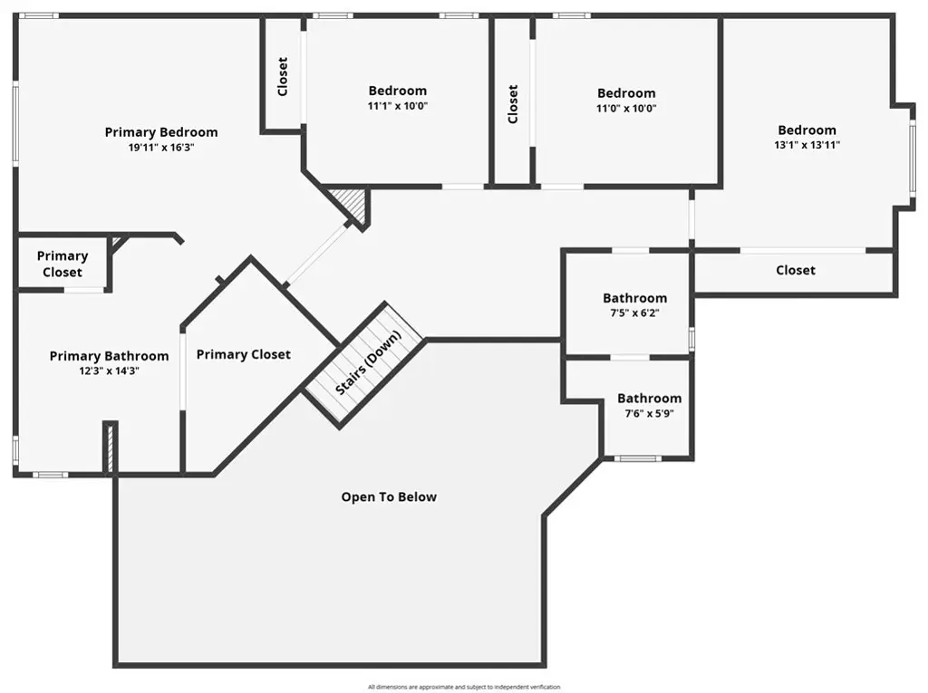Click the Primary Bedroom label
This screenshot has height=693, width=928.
(x=161, y=132)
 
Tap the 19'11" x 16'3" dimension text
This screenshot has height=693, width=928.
(x=161, y=148)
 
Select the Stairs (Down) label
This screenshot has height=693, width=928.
(x=368, y=362)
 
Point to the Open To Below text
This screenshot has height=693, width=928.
(x=389, y=497)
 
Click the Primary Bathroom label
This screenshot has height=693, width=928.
(x=109, y=356)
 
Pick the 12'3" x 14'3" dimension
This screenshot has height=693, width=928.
(x=109, y=371)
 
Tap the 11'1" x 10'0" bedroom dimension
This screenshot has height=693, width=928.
(x=397, y=106)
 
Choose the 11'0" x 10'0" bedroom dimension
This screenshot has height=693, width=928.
(x=626, y=109)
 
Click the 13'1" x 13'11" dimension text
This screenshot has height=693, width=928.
(x=807, y=144)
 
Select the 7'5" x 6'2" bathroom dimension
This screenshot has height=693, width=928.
(x=634, y=313)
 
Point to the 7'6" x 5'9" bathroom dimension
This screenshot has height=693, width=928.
(x=649, y=414)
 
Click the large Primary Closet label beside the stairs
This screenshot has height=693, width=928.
(x=243, y=354)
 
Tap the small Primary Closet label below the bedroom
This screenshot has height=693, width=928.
(x=63, y=264)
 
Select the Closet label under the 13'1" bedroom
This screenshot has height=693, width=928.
(x=796, y=271)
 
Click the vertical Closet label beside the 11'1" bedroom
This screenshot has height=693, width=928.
(x=283, y=76)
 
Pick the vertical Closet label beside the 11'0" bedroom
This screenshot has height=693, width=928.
(x=513, y=104)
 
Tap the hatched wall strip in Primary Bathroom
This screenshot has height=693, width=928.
(x=110, y=448)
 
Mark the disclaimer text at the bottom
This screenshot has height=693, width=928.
(x=464, y=687)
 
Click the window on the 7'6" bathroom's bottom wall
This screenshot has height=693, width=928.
(x=637, y=458)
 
